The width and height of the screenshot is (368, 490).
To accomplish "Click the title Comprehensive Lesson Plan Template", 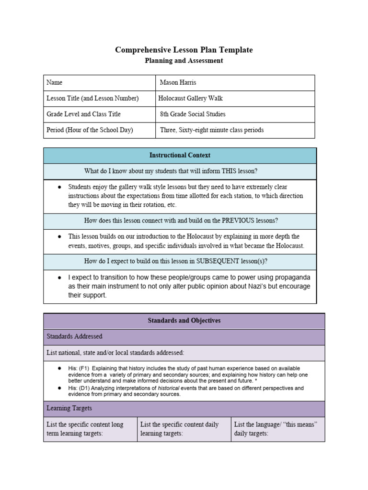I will tap(184, 50).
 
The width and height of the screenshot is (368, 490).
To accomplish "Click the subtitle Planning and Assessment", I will tap(184, 61).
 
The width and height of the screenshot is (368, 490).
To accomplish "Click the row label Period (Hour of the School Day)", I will tap(90, 130).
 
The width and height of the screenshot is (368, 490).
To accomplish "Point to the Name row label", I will tap(55, 82).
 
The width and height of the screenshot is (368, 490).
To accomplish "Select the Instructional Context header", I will tap(180, 155).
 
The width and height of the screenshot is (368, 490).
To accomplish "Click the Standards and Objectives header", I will tap(184, 321).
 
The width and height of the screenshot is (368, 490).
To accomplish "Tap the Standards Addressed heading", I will tap(74, 336).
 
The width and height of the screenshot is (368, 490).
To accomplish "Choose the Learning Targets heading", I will tap(69, 408).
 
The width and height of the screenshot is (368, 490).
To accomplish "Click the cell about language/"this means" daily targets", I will tap(277, 429).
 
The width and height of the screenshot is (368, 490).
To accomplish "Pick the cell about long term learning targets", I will tap(90, 429).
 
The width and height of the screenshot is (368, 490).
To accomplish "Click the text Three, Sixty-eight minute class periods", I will tap(212, 130).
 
